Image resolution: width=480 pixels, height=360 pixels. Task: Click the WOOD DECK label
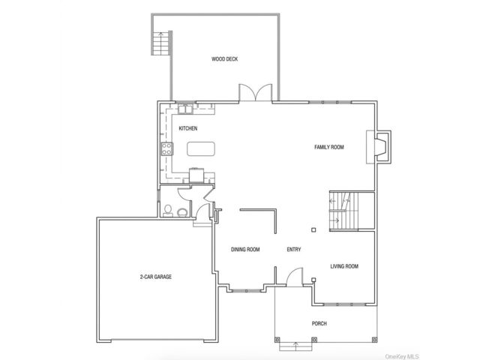click(224, 59)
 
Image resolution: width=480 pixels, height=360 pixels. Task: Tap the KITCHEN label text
click(188, 128)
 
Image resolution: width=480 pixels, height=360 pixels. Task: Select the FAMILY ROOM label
click(329, 147)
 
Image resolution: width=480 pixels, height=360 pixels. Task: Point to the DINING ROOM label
click(245, 250)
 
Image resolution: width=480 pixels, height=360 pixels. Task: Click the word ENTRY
click(294, 250)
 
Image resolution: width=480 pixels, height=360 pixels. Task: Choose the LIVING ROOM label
click(344, 266)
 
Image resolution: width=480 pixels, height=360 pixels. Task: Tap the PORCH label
click(319, 323)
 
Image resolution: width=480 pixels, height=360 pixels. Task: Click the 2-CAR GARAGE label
click(156, 277)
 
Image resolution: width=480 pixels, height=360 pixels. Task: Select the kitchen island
click(201, 149)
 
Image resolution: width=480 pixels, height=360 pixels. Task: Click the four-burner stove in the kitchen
click(167, 149)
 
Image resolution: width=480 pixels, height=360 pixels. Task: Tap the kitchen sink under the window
click(185, 109)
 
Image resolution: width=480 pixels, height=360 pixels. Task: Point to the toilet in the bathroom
click(167, 211)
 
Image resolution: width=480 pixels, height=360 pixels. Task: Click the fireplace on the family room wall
click(379, 147)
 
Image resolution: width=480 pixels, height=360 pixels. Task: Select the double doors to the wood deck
click(255, 92)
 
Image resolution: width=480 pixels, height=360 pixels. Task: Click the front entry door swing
click(294, 277)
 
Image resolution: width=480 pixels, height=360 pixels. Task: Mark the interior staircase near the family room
click(343, 211)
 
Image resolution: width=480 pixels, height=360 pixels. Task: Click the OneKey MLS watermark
click(402, 356)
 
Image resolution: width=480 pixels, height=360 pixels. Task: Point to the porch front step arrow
click(295, 346)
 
